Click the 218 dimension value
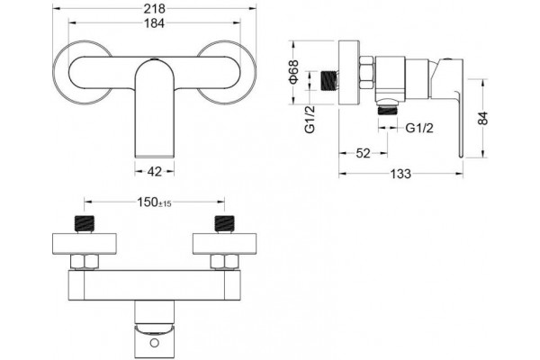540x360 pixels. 154,9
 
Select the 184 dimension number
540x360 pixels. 154,23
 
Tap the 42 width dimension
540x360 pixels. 154,171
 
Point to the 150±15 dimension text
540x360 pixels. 154,202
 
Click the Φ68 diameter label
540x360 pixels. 294,72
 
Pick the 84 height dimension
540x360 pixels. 484,119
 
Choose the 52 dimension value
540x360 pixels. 363,153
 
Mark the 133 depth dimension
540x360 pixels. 400,174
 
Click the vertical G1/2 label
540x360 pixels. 310,119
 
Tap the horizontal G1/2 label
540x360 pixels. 419,128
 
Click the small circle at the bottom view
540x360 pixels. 155,343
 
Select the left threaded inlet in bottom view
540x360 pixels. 85,223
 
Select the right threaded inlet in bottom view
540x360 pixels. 224,223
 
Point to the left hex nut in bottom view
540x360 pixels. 85,262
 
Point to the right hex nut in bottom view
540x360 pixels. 224,262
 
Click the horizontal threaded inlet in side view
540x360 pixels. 329,81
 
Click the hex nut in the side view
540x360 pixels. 367,73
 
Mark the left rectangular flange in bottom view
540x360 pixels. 85,244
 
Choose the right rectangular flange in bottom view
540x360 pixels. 224,244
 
